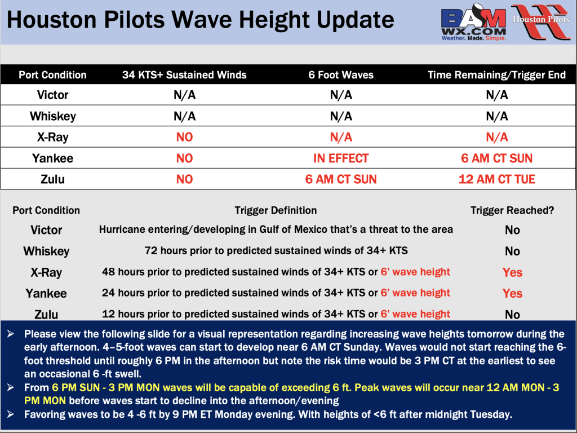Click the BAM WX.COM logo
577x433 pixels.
tap(474, 23)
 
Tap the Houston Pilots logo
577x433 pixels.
tap(541, 21)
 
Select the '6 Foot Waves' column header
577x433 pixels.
tap(341, 75)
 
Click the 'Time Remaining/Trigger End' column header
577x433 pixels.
tap(496, 75)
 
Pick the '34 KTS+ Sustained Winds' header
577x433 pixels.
tap(184, 75)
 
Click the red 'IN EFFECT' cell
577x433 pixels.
tap(341, 158)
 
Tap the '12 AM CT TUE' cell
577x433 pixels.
tap(497, 179)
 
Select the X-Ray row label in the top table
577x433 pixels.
tap(52, 138)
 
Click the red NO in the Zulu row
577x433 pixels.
tap(184, 179)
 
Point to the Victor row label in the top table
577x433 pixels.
tap(52, 95)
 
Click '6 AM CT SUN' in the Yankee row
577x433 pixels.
tap(497, 158)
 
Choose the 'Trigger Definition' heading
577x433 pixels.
tap(276, 210)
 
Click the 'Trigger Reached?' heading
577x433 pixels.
tap(512, 210)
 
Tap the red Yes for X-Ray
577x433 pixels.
tap(512, 272)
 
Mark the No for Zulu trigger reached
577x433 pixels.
tap(512, 315)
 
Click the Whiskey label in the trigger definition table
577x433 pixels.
tap(46, 251)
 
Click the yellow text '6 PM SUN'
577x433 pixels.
tap(76, 388)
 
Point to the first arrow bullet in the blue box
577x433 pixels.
tap(10, 334)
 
